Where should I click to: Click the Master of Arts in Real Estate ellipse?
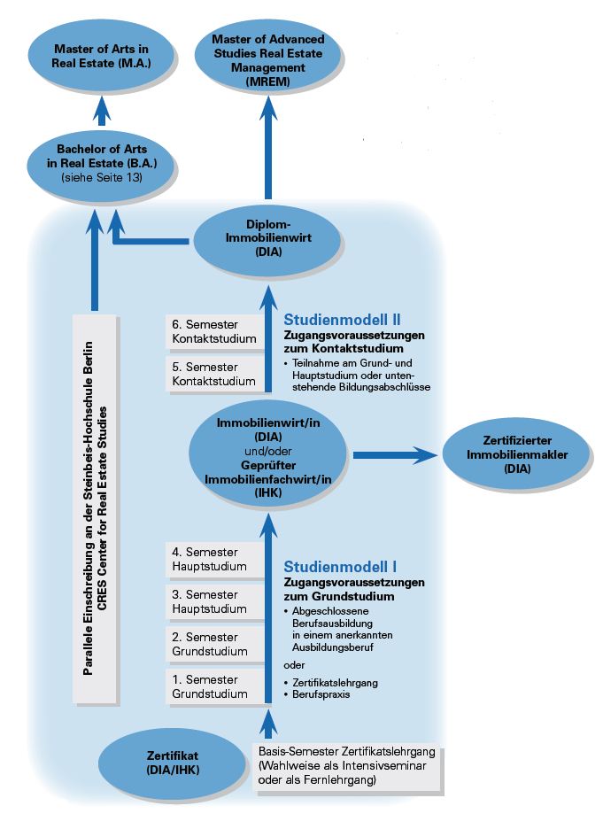pos(101,56)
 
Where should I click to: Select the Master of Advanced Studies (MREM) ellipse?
pos(268,59)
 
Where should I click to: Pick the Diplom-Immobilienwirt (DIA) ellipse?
pos(267,240)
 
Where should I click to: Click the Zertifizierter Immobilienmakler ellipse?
pos(516,454)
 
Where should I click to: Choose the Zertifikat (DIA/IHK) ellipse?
pos(173,763)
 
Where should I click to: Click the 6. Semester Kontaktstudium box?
pos(214,331)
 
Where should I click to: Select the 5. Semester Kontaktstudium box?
pos(214,374)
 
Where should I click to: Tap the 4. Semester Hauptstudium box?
pos(214,560)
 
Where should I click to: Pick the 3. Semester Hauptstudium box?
pos(214,601)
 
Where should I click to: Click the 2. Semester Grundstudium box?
pos(214,644)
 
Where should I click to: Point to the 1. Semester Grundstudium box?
pos(214,686)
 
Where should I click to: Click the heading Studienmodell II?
pos(342,320)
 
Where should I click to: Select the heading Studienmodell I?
pos(340,567)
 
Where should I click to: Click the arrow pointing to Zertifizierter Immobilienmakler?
pos(395,454)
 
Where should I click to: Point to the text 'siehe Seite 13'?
pos(102,178)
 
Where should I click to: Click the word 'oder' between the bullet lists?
pos(294,665)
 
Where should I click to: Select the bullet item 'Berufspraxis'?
pos(317,694)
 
